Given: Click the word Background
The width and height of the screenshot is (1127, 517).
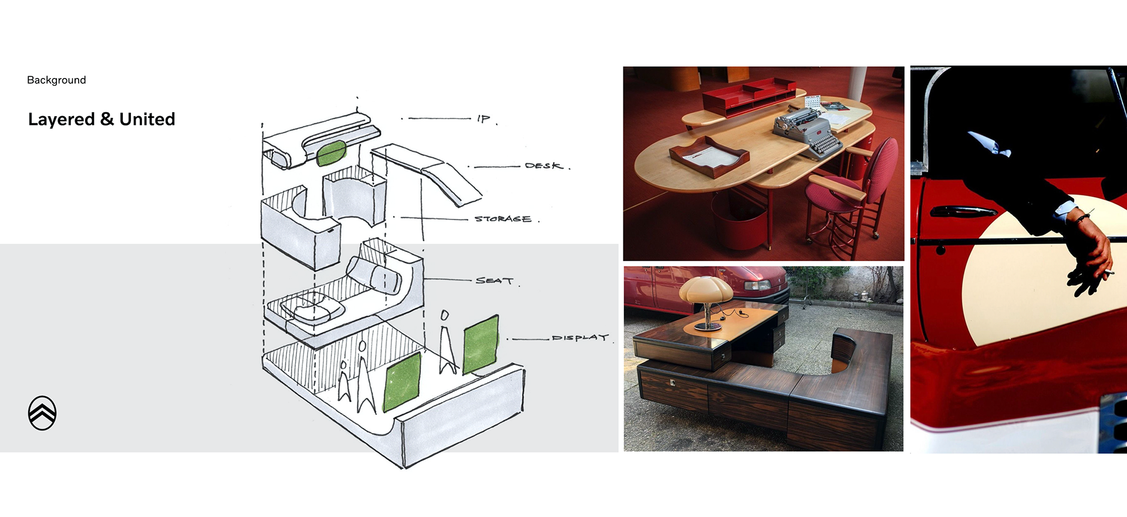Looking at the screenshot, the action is [56, 80].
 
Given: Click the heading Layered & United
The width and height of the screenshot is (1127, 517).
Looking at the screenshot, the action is [102, 119].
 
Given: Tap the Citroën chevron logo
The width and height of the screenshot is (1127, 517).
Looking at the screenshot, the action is [42, 413].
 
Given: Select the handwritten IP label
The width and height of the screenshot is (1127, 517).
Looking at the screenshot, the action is [484, 119].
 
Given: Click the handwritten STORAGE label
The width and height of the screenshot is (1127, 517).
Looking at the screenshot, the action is [503, 219].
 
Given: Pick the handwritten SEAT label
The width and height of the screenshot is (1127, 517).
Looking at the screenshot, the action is [494, 281].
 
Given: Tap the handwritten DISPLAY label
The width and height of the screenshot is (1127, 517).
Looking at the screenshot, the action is [579, 338].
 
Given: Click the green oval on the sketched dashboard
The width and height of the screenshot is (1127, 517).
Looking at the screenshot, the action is [331, 153].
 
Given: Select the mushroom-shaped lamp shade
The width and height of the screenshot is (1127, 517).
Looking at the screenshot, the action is [706, 290].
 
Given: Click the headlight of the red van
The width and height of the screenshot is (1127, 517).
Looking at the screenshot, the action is [757, 286].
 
